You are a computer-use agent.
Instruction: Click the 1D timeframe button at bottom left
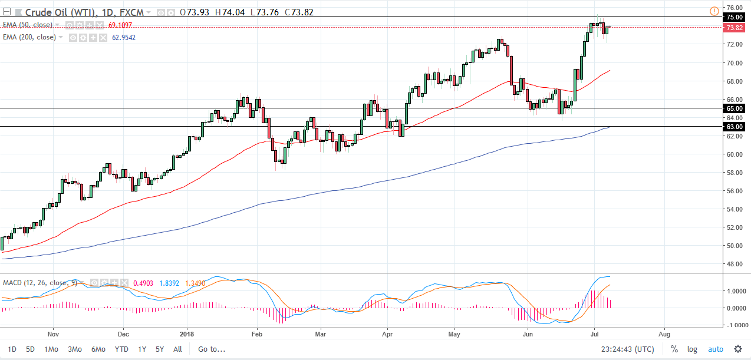[x=12, y=349]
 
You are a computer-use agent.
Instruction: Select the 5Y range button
[x=159, y=349]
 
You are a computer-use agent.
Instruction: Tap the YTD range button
[x=122, y=349]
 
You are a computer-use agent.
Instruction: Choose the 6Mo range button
[x=98, y=349]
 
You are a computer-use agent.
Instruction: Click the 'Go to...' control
[x=212, y=349]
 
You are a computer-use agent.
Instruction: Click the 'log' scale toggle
[x=692, y=349]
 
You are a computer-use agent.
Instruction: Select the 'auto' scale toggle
[x=715, y=349]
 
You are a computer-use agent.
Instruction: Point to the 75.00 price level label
[x=734, y=18]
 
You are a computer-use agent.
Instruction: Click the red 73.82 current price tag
[x=734, y=28]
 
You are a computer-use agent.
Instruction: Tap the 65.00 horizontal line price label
[x=734, y=109]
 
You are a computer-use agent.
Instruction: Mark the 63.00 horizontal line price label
[x=734, y=127]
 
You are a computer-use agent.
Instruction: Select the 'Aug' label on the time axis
[x=664, y=332]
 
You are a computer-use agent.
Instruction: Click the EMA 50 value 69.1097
[x=120, y=25]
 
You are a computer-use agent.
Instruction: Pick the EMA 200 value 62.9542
[x=124, y=37]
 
